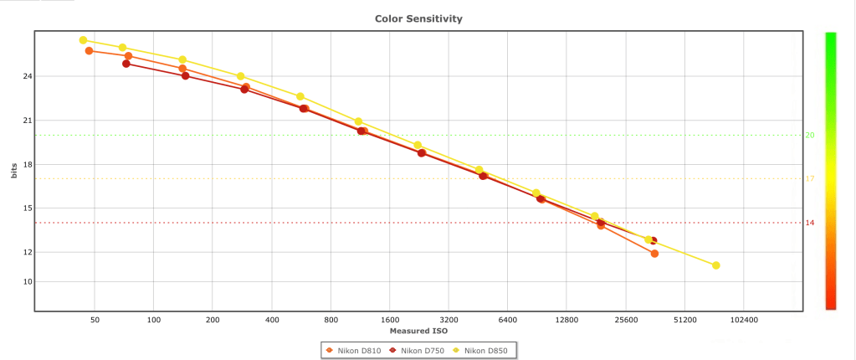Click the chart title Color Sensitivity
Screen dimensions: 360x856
tap(418, 18)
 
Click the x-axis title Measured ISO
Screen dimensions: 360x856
tap(418, 331)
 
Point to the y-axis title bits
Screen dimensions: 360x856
tap(13, 172)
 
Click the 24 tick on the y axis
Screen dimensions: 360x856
tap(27, 76)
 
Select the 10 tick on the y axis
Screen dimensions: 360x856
tap(27, 281)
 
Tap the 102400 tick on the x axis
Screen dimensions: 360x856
tap(744, 320)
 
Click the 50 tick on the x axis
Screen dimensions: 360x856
tap(95, 320)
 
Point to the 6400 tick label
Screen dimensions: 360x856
tap(508, 320)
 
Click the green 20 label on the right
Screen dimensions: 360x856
tap(810, 135)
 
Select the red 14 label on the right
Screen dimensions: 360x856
tap(810, 223)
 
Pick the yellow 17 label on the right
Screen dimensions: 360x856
tap(810, 178)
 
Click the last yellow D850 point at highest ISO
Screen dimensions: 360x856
tap(716, 265)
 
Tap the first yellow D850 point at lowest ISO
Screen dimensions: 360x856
tap(83, 40)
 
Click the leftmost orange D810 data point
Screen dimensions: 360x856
tap(89, 51)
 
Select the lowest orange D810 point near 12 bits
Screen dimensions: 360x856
tap(654, 254)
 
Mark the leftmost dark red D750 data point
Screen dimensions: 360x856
tap(126, 64)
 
